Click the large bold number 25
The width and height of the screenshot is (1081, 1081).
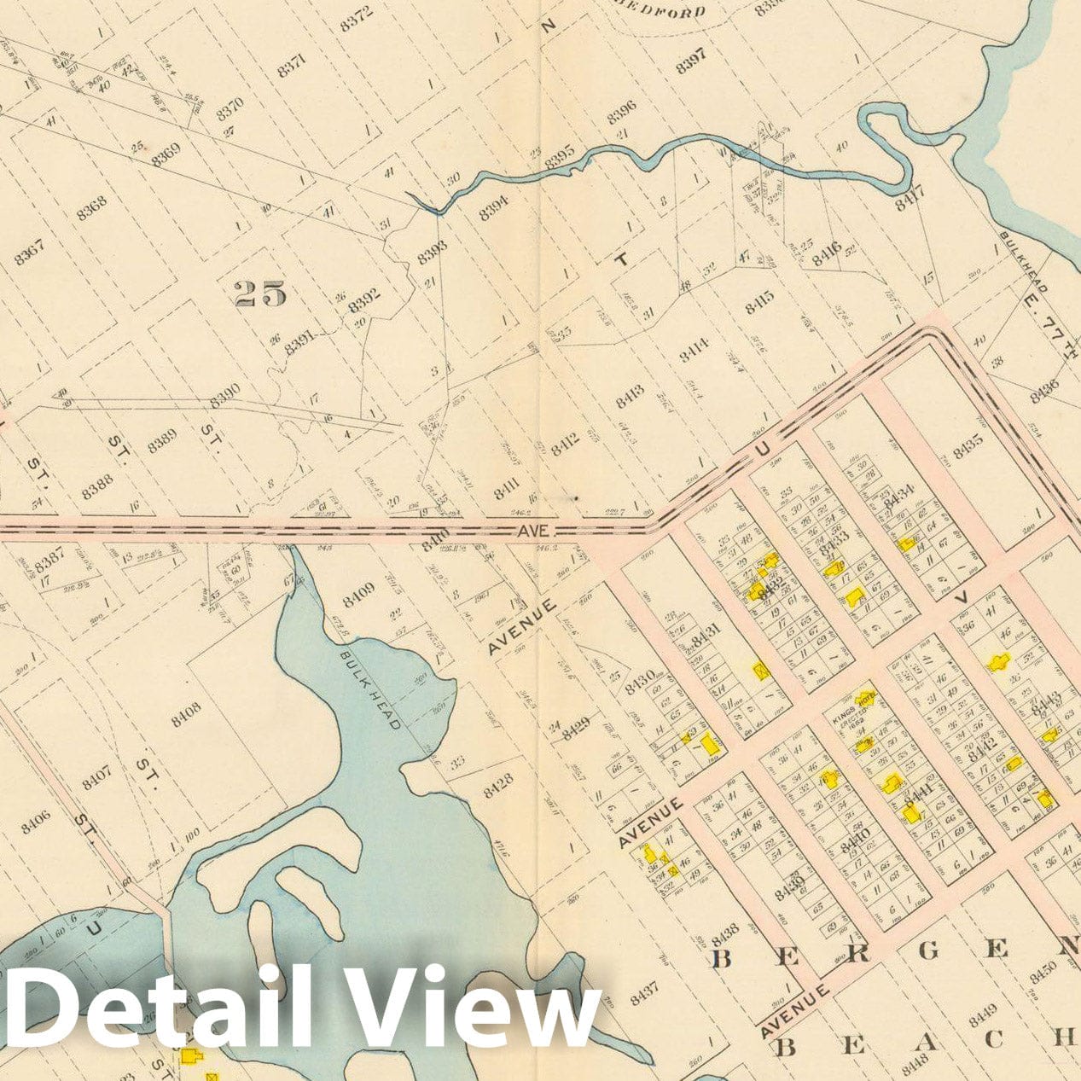pyautogui.click(x=259, y=293)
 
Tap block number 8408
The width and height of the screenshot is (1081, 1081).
pyautogui.click(x=186, y=713)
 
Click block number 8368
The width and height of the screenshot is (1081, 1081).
pyautogui.click(x=91, y=206)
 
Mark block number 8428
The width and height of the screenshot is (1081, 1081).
pyautogui.click(x=497, y=785)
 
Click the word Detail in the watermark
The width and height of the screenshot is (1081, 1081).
pyautogui.click(x=162, y=1007)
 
